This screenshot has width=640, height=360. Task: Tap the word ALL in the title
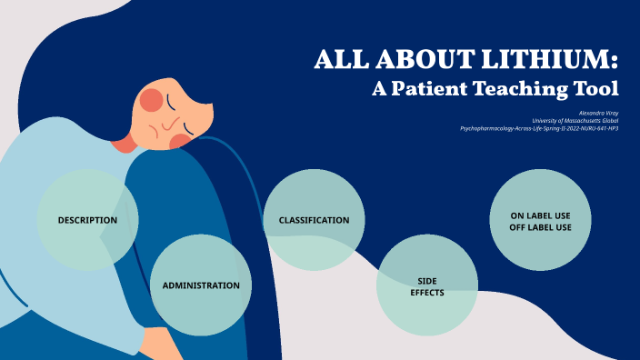click(x=338, y=61)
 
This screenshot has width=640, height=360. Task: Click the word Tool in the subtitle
click(x=598, y=89)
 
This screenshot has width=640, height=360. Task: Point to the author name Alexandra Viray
click(x=598, y=112)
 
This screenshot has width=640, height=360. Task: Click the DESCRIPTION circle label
click(x=87, y=220)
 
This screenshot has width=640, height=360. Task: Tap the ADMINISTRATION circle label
click(x=201, y=285)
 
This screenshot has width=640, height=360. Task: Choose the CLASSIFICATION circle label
click(x=314, y=220)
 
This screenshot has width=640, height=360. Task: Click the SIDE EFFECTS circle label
click(x=426, y=287)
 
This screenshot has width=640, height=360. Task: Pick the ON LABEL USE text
click(x=541, y=215)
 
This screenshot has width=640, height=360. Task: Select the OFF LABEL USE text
click(x=541, y=227)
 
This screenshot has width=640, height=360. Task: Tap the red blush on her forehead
click(x=151, y=98)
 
